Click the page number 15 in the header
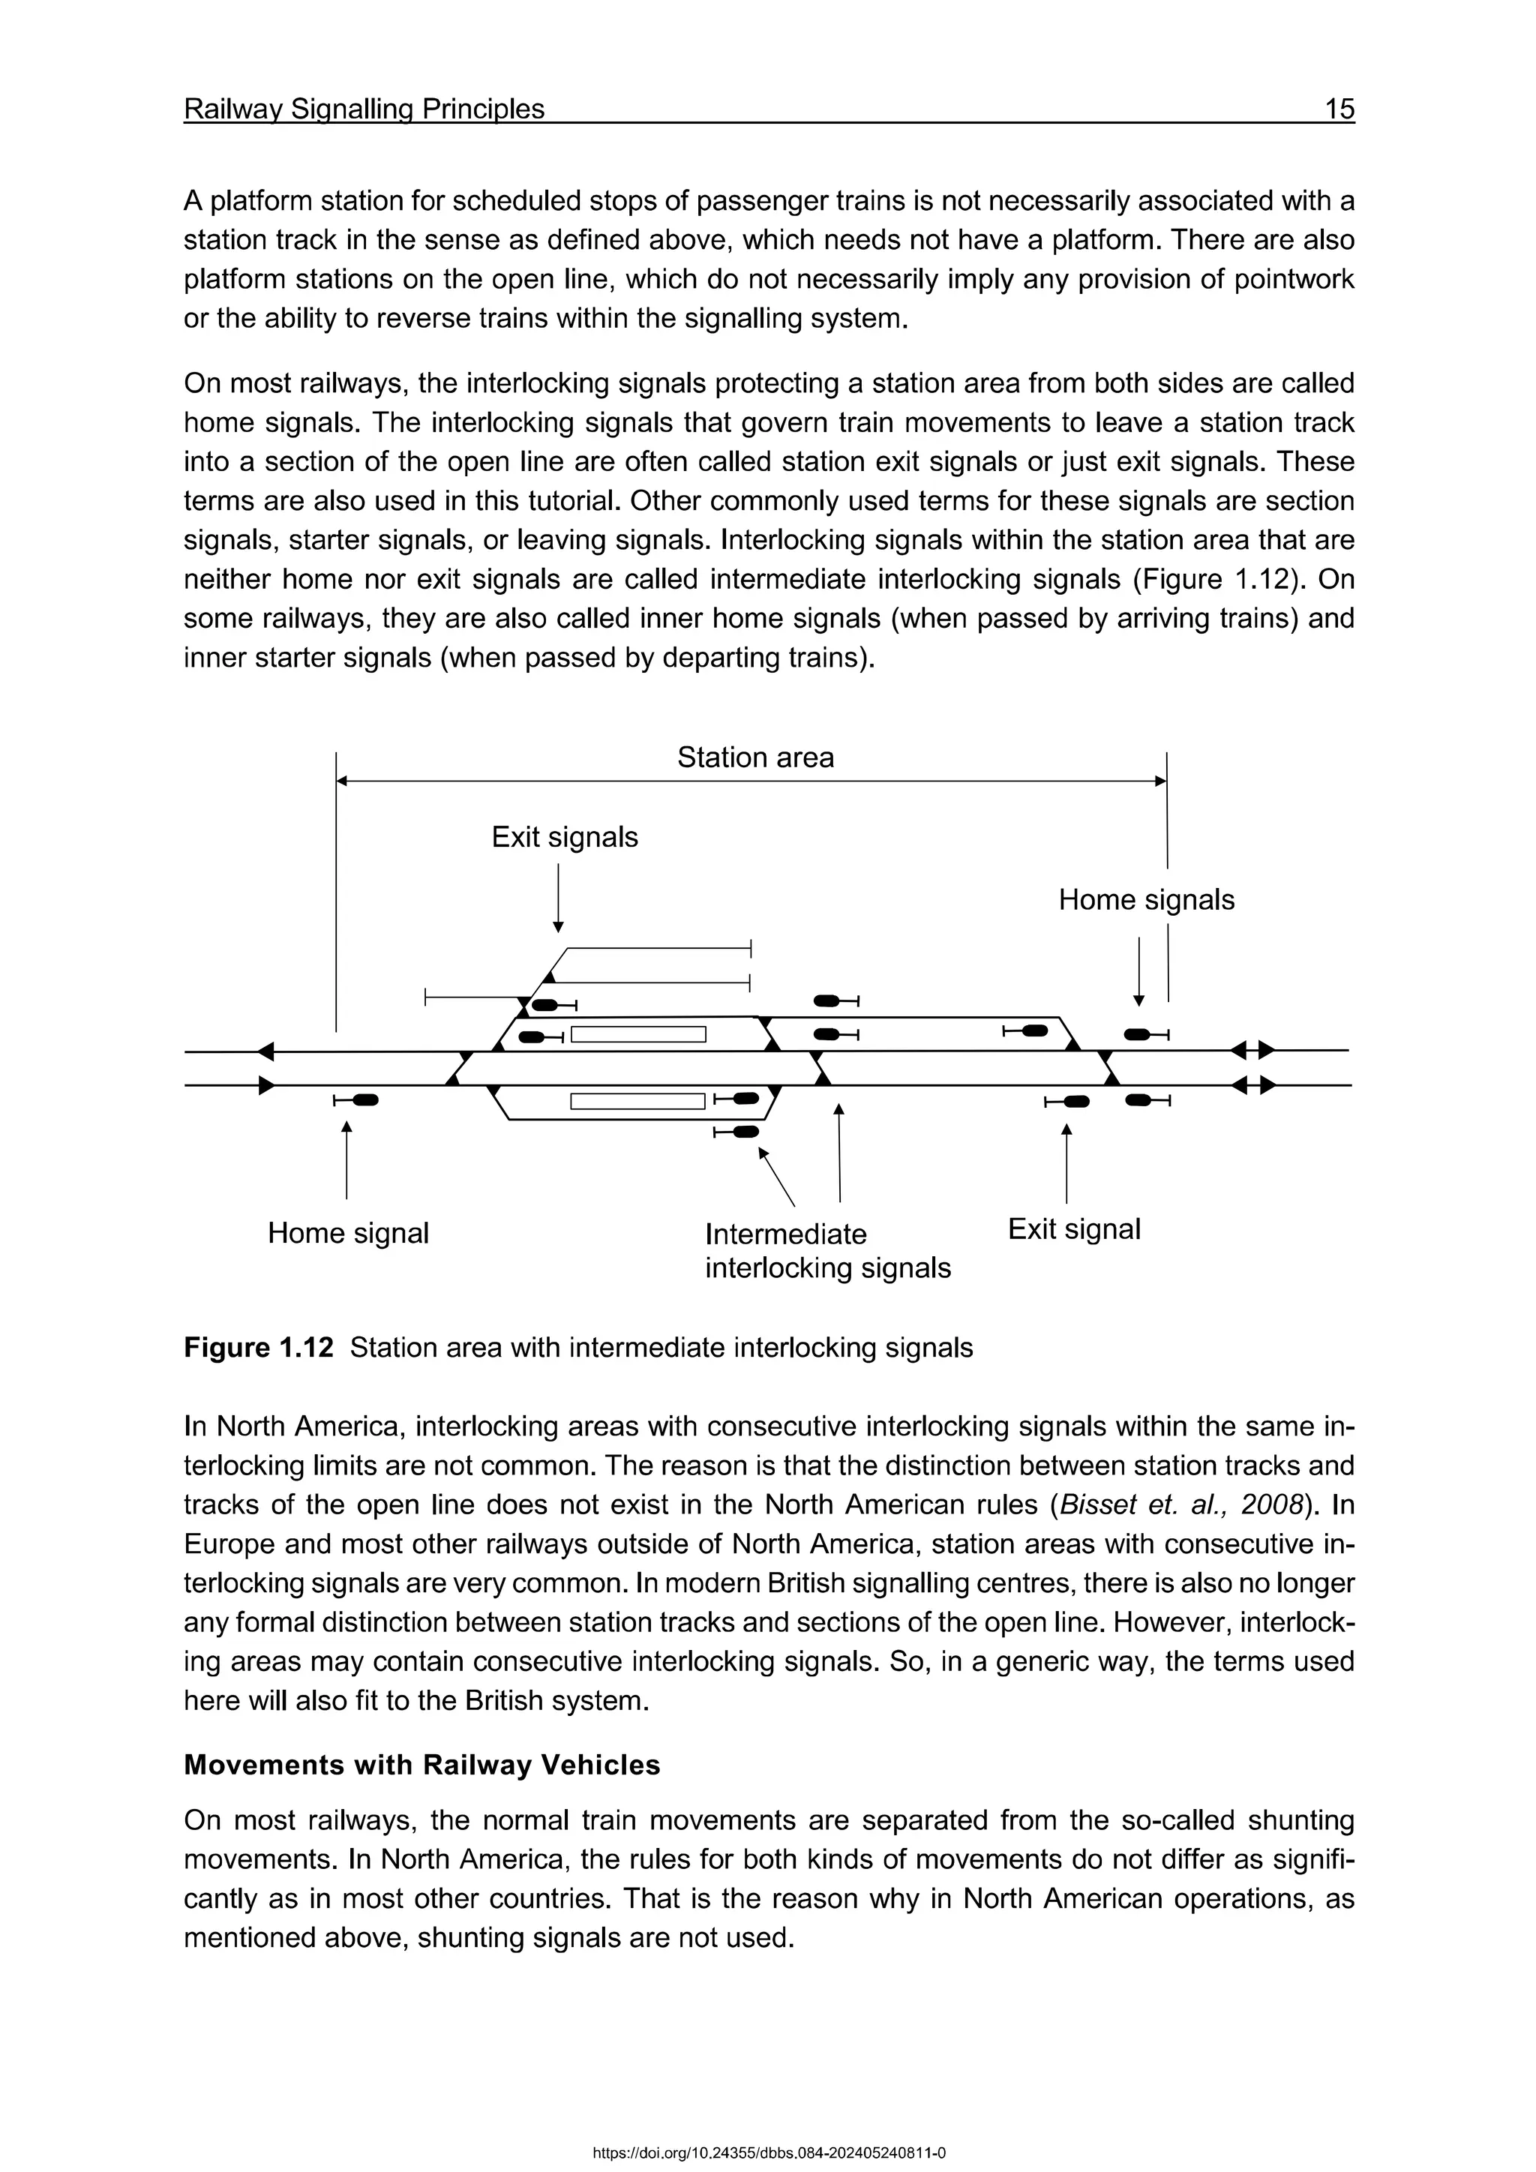1338,109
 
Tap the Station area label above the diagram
754,757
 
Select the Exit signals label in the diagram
565,837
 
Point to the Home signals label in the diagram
1145,900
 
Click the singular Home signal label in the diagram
348,1234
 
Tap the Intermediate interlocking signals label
827,1250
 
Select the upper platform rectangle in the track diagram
638,1034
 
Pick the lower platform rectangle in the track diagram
638,1101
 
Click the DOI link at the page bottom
768,2153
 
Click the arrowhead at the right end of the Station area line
1160,781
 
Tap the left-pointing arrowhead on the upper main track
265,1051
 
